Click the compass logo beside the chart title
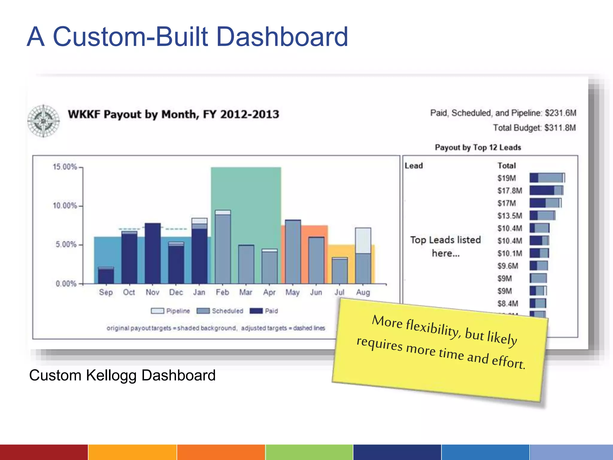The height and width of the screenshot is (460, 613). click(43, 121)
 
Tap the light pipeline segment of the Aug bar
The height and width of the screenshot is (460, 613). click(363, 240)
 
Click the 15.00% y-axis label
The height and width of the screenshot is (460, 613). click(65, 167)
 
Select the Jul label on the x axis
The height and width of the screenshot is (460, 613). click(339, 292)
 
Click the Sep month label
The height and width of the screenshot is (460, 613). click(106, 292)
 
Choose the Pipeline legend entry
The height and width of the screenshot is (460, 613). click(170, 311)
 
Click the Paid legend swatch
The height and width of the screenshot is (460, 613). click(256, 311)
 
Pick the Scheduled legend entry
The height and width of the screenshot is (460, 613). click(220, 311)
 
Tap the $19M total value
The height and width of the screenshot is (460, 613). click(507, 178)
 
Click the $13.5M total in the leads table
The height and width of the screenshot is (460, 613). click(510, 216)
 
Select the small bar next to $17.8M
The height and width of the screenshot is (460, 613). click(546, 190)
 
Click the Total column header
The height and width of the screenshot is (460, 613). click(507, 166)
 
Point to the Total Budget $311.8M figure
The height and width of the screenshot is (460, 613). click(534, 128)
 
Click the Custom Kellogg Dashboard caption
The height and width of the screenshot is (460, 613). click(122, 375)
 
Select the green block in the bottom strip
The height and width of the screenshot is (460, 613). click(309, 452)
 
